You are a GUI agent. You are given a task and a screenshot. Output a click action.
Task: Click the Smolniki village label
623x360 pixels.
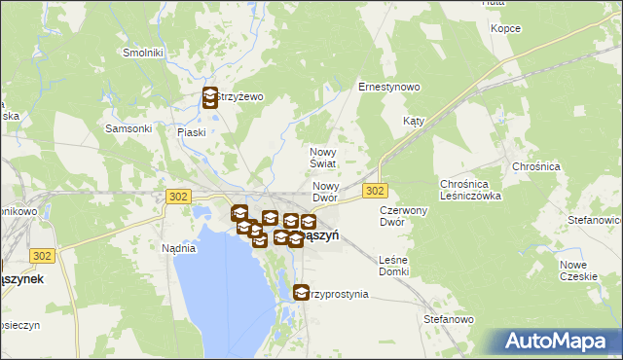pyautogui.click(x=142, y=53)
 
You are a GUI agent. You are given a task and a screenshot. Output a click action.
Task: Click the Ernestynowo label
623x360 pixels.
pyautogui.click(x=389, y=87)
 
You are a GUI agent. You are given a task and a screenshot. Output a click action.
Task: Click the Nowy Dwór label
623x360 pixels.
pyautogui.click(x=325, y=192)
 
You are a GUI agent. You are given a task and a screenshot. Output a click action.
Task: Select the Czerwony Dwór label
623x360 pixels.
pyautogui.click(x=404, y=216)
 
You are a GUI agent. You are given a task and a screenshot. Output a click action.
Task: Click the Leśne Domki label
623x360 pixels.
pyautogui.click(x=394, y=265)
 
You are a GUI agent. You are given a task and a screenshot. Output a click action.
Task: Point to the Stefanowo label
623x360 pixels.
pyautogui.click(x=448, y=318)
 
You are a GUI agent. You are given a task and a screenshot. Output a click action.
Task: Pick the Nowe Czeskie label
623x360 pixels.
pyautogui.click(x=578, y=270)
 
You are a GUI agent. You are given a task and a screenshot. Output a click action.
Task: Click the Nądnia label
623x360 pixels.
pyautogui.click(x=179, y=248)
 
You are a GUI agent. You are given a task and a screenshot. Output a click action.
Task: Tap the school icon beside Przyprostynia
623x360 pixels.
pyautogui.click(x=301, y=291)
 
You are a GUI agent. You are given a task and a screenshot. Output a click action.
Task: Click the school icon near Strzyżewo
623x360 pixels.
pyautogui.click(x=209, y=97)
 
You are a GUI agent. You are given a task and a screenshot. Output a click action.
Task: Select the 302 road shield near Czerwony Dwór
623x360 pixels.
pyautogui.click(x=376, y=190)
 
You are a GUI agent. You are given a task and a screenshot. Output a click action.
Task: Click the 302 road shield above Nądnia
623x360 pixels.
pyautogui.click(x=177, y=197)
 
